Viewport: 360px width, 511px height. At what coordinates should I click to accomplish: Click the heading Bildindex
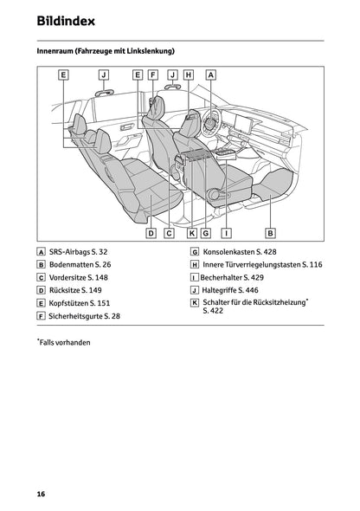(x=66, y=19)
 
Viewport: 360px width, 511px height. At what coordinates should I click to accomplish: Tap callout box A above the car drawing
(x=210, y=74)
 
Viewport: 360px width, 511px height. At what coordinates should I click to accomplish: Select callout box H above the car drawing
(x=189, y=74)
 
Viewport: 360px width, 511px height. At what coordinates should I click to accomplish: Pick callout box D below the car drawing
(x=151, y=233)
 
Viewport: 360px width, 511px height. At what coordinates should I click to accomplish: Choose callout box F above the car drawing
(x=152, y=74)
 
